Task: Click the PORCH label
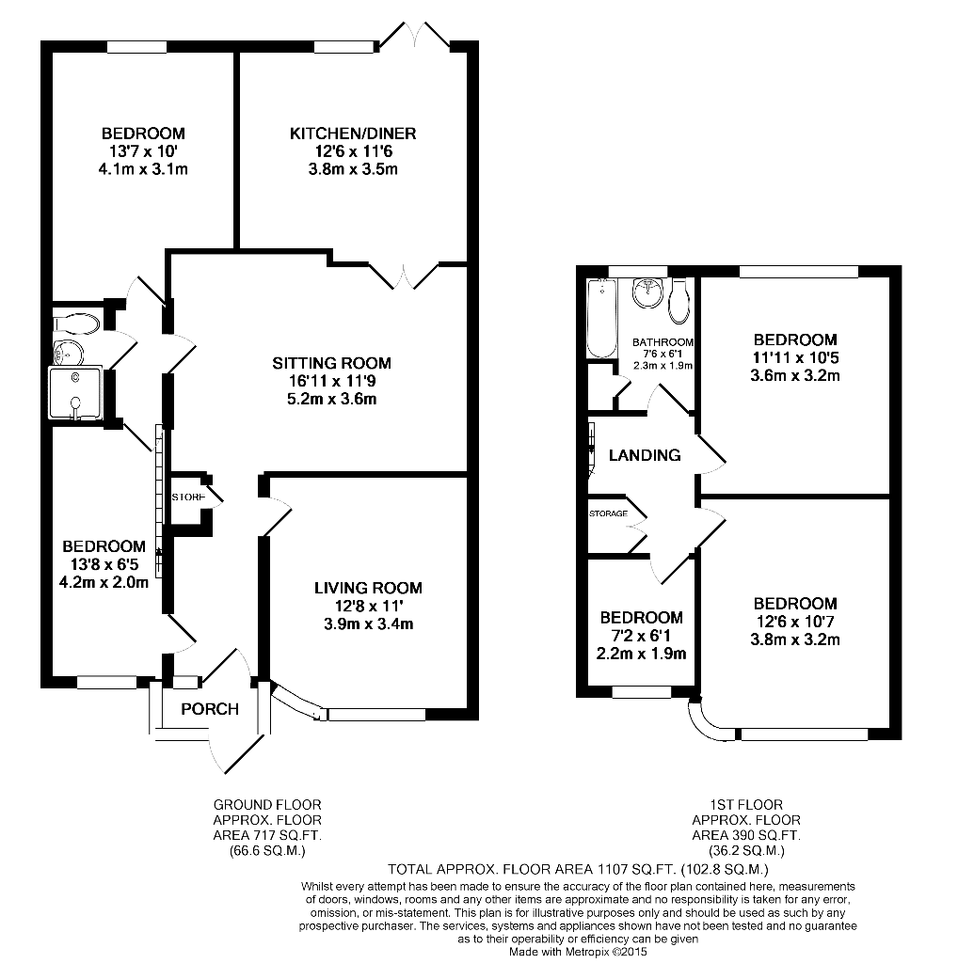(210, 709)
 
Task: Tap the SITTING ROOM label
(332, 363)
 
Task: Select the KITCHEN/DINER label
(353, 134)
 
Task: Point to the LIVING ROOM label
(368, 588)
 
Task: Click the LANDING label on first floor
(645, 455)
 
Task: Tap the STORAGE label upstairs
(608, 513)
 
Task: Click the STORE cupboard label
(188, 497)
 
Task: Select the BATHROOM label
(663, 342)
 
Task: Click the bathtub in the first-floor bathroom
(601, 318)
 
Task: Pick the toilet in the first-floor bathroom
(679, 301)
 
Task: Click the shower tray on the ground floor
(75, 393)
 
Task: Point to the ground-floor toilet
(75, 324)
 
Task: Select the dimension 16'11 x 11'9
(332, 381)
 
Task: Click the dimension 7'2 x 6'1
(642, 636)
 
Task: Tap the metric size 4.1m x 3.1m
(143, 169)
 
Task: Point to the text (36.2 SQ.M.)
(746, 850)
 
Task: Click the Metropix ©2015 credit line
(578, 952)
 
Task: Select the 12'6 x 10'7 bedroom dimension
(795, 622)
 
